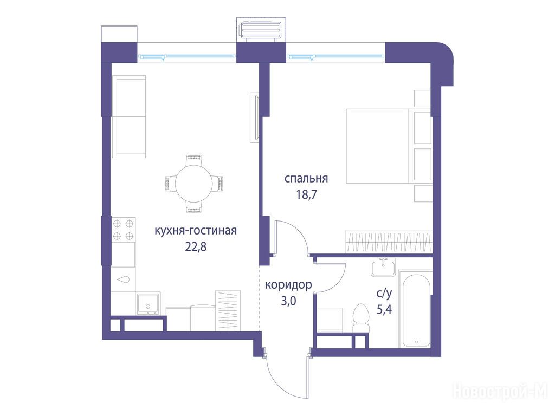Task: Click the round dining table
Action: point(194,183)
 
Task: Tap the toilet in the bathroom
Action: point(362,318)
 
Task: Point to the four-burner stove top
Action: point(123,230)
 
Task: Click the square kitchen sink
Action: point(149,303)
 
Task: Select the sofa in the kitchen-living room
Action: point(129,116)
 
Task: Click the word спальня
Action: point(306,178)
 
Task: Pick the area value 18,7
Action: point(307,194)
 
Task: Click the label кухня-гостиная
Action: point(196,231)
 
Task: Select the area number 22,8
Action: point(196,246)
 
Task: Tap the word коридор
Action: point(288,285)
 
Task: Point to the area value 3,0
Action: point(288,301)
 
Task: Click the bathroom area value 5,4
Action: point(384,310)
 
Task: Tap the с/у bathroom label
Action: point(384,293)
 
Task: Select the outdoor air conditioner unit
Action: point(261,31)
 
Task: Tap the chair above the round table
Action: point(194,160)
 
